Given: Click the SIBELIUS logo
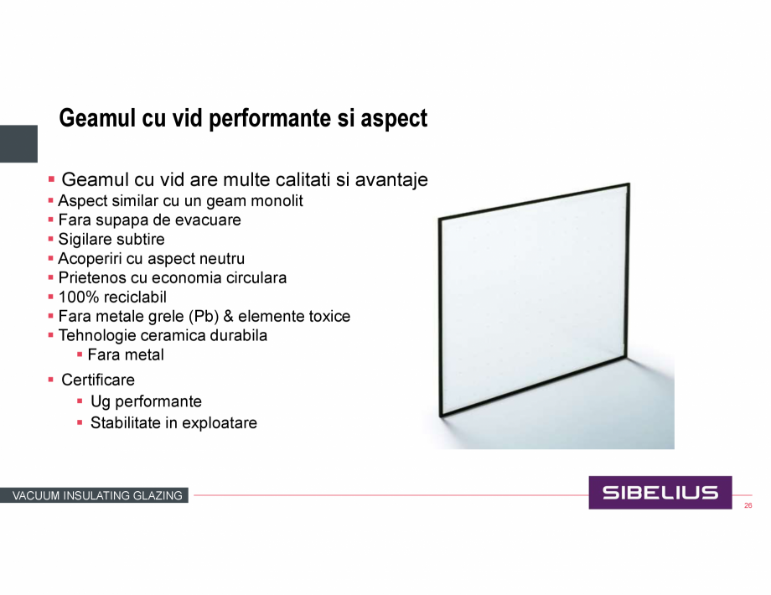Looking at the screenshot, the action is (660, 492).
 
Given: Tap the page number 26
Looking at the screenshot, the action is (748, 505).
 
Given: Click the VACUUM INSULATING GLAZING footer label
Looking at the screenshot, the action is (97, 495).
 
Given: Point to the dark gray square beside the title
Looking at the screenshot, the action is (18, 143).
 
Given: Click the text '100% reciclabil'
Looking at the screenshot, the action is (112, 297).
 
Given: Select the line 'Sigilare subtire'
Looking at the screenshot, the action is (111, 240).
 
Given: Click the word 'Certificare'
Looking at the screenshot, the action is (98, 380).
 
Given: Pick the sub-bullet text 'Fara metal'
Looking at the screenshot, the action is (126, 354).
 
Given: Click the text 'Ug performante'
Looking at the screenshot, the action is (146, 401).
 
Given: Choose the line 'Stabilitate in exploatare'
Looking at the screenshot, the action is (173, 423).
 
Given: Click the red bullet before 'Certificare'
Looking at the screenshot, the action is (50, 380).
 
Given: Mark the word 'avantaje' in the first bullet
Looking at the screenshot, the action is (391, 180).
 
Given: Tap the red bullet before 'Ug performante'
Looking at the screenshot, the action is (80, 401).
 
